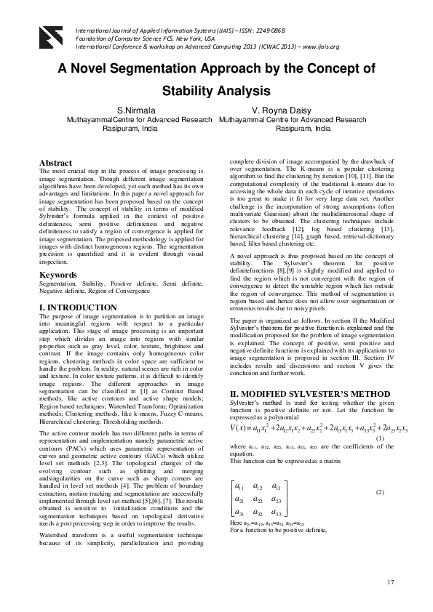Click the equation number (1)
tap(379, 440)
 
